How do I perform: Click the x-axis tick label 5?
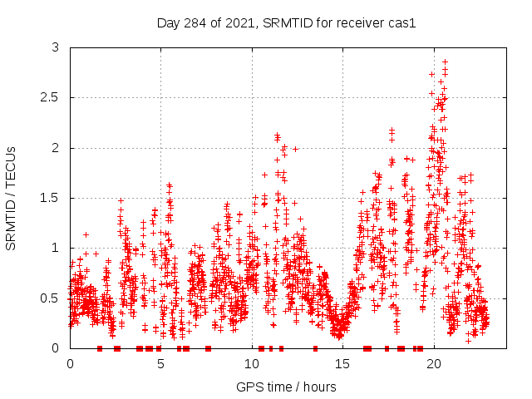click(x=161, y=364)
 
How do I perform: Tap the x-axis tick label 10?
click(x=252, y=364)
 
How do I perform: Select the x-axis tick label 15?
click(x=343, y=364)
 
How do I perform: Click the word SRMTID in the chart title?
click(x=286, y=22)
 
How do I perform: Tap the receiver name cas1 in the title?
click(x=401, y=22)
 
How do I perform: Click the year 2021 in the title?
click(x=237, y=22)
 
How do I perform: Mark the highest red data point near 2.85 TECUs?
click(x=445, y=62)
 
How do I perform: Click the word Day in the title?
click(x=169, y=22)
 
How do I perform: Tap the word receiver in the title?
click(x=360, y=22)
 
